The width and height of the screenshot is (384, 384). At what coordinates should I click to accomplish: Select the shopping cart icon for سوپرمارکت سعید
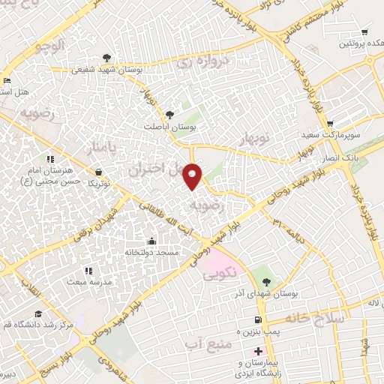click(x=329, y=124)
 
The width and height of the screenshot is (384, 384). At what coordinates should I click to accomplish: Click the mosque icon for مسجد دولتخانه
click(x=152, y=241)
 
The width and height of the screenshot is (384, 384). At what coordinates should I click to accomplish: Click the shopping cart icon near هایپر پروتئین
click(x=364, y=32)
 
